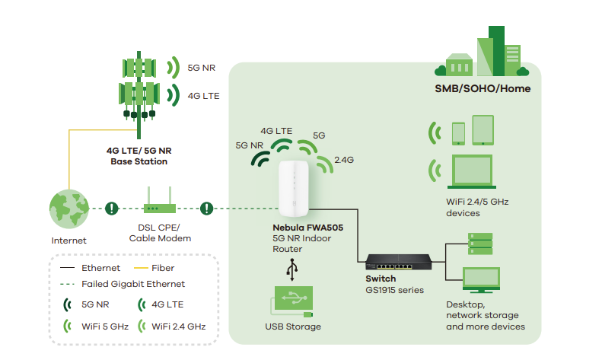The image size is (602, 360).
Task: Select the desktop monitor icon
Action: coord(481,281)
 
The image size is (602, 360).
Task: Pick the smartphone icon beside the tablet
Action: coord(458,133)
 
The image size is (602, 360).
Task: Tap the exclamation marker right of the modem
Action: coord(206,208)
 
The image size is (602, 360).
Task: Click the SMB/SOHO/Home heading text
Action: coord(477,89)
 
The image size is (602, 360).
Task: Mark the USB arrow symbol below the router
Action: coord(291,269)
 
